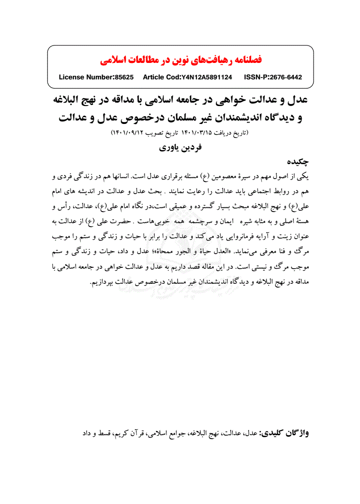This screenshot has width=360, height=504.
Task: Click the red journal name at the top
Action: tap(180, 60)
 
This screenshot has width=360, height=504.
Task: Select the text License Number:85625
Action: tap(96, 77)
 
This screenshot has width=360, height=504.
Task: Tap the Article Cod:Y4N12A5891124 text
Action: tap(187, 77)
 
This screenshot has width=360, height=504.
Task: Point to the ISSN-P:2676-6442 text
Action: tap(273, 77)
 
